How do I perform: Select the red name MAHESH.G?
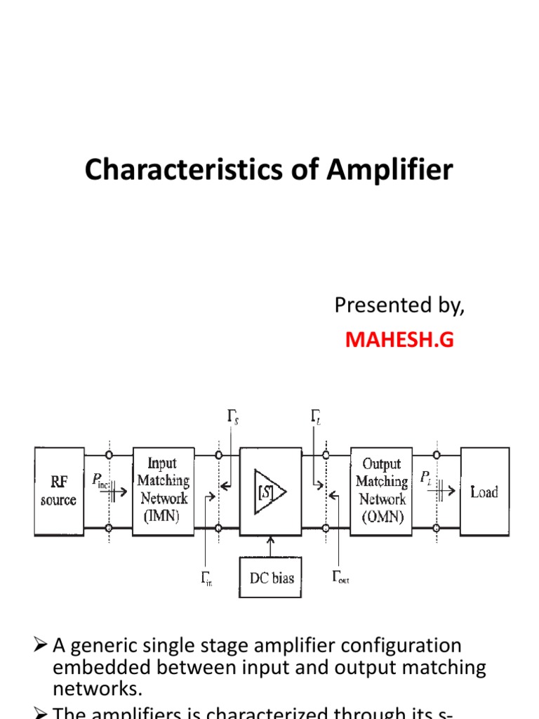[399, 341]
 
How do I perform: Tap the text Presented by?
[399, 305]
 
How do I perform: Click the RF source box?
[59, 492]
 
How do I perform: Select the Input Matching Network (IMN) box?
[163, 490]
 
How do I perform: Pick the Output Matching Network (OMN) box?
[381, 491]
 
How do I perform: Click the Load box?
[484, 492]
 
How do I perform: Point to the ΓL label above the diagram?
[317, 419]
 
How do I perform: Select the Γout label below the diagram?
[340, 579]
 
